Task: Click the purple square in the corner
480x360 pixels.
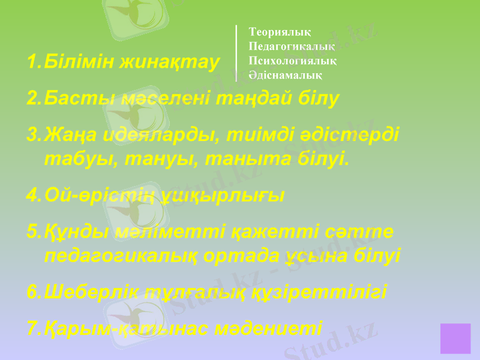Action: (x=455, y=338)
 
